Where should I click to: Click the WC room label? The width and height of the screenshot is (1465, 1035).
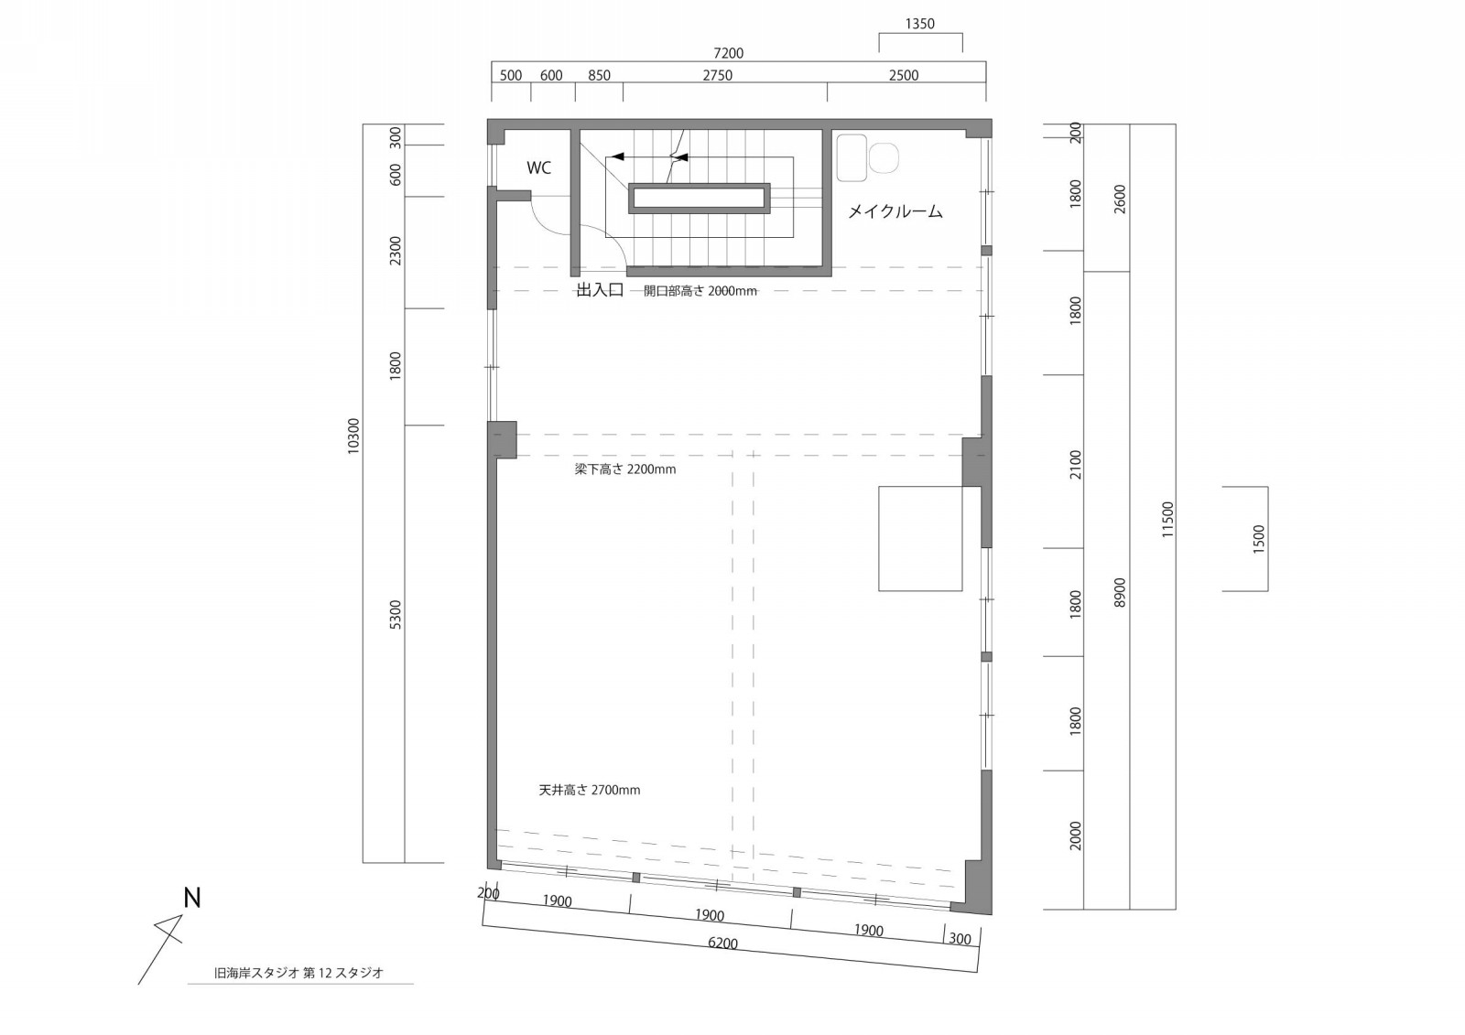coord(539,168)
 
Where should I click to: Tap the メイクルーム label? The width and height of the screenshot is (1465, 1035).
coord(895,211)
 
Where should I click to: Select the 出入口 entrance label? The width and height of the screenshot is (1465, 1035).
coord(600,290)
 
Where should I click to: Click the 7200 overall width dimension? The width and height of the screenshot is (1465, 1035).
coord(729,53)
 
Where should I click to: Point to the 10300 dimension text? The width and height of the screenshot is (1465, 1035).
coord(353,437)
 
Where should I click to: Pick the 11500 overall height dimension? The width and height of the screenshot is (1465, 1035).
coord(1168,520)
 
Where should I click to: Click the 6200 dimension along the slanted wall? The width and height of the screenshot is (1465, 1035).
coord(722,943)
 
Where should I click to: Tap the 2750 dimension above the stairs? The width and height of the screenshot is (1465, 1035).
coord(718,76)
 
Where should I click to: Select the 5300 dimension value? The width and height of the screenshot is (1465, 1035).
coord(395,615)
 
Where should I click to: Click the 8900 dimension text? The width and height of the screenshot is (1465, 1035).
coord(1121,592)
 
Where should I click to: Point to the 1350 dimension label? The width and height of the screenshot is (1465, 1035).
coord(919,24)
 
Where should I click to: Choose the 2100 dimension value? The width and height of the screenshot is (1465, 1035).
coord(1076,465)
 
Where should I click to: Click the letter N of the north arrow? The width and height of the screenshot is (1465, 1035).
coord(191,899)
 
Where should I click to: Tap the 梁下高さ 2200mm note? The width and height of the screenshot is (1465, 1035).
coord(625,469)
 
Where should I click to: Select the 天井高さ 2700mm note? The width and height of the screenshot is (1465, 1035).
coord(590,791)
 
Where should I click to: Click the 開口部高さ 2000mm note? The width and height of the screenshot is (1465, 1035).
coord(700,291)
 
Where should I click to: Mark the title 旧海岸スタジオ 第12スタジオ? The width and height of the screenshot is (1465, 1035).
coord(298,973)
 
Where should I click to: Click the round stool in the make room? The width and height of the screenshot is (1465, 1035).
coord(884,158)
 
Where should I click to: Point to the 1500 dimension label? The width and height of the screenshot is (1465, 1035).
coord(1259,539)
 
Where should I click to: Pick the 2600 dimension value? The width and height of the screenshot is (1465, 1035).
coord(1121,199)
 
